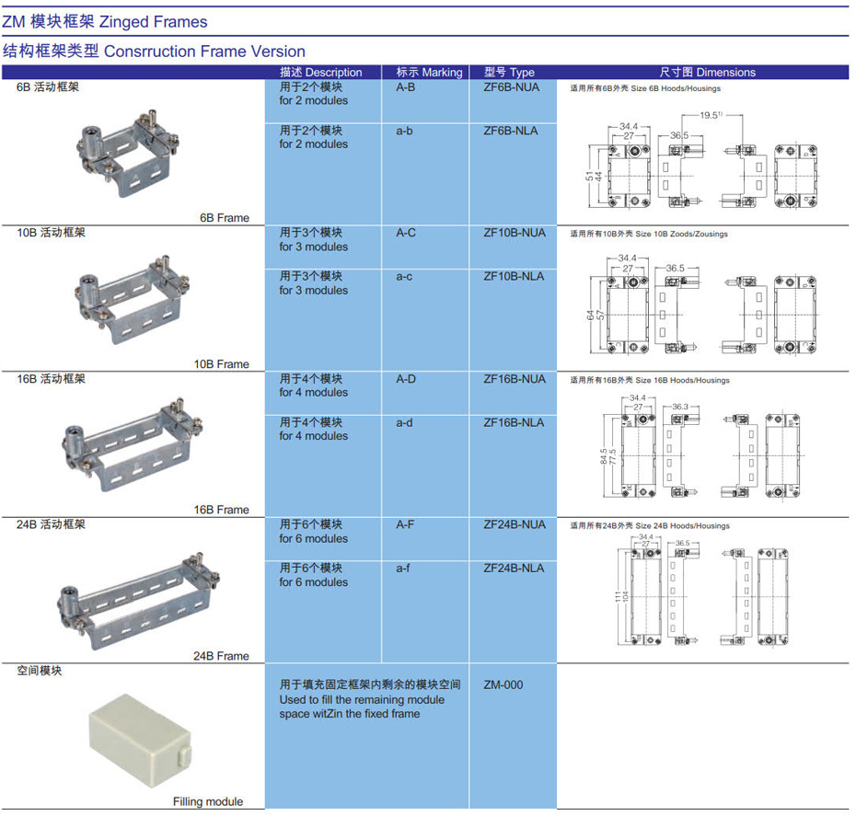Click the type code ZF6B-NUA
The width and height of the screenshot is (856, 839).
tap(511, 87)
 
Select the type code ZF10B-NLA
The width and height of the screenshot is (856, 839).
tap(514, 277)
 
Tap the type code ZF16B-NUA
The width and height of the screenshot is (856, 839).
tap(515, 379)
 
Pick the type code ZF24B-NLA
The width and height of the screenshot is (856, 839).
tap(514, 569)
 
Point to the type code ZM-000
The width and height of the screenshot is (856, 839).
tap(503, 684)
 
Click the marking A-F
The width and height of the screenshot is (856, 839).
tap(405, 524)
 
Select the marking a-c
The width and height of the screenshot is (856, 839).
tap(404, 277)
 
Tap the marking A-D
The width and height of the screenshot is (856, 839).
tap(406, 379)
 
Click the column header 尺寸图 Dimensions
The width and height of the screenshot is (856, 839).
tap(707, 72)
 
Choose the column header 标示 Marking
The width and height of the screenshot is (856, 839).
tap(429, 72)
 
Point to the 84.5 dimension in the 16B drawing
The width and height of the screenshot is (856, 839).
tap(603, 456)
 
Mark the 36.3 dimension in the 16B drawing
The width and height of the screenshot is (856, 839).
tap(680, 407)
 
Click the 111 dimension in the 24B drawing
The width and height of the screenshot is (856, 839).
tap(618, 597)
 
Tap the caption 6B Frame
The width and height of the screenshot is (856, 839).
tap(225, 218)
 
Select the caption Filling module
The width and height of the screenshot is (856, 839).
tap(208, 801)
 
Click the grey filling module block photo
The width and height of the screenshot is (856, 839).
tap(140, 741)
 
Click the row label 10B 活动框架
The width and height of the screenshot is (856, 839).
tap(51, 233)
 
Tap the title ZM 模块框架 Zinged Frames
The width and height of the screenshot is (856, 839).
tap(105, 22)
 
